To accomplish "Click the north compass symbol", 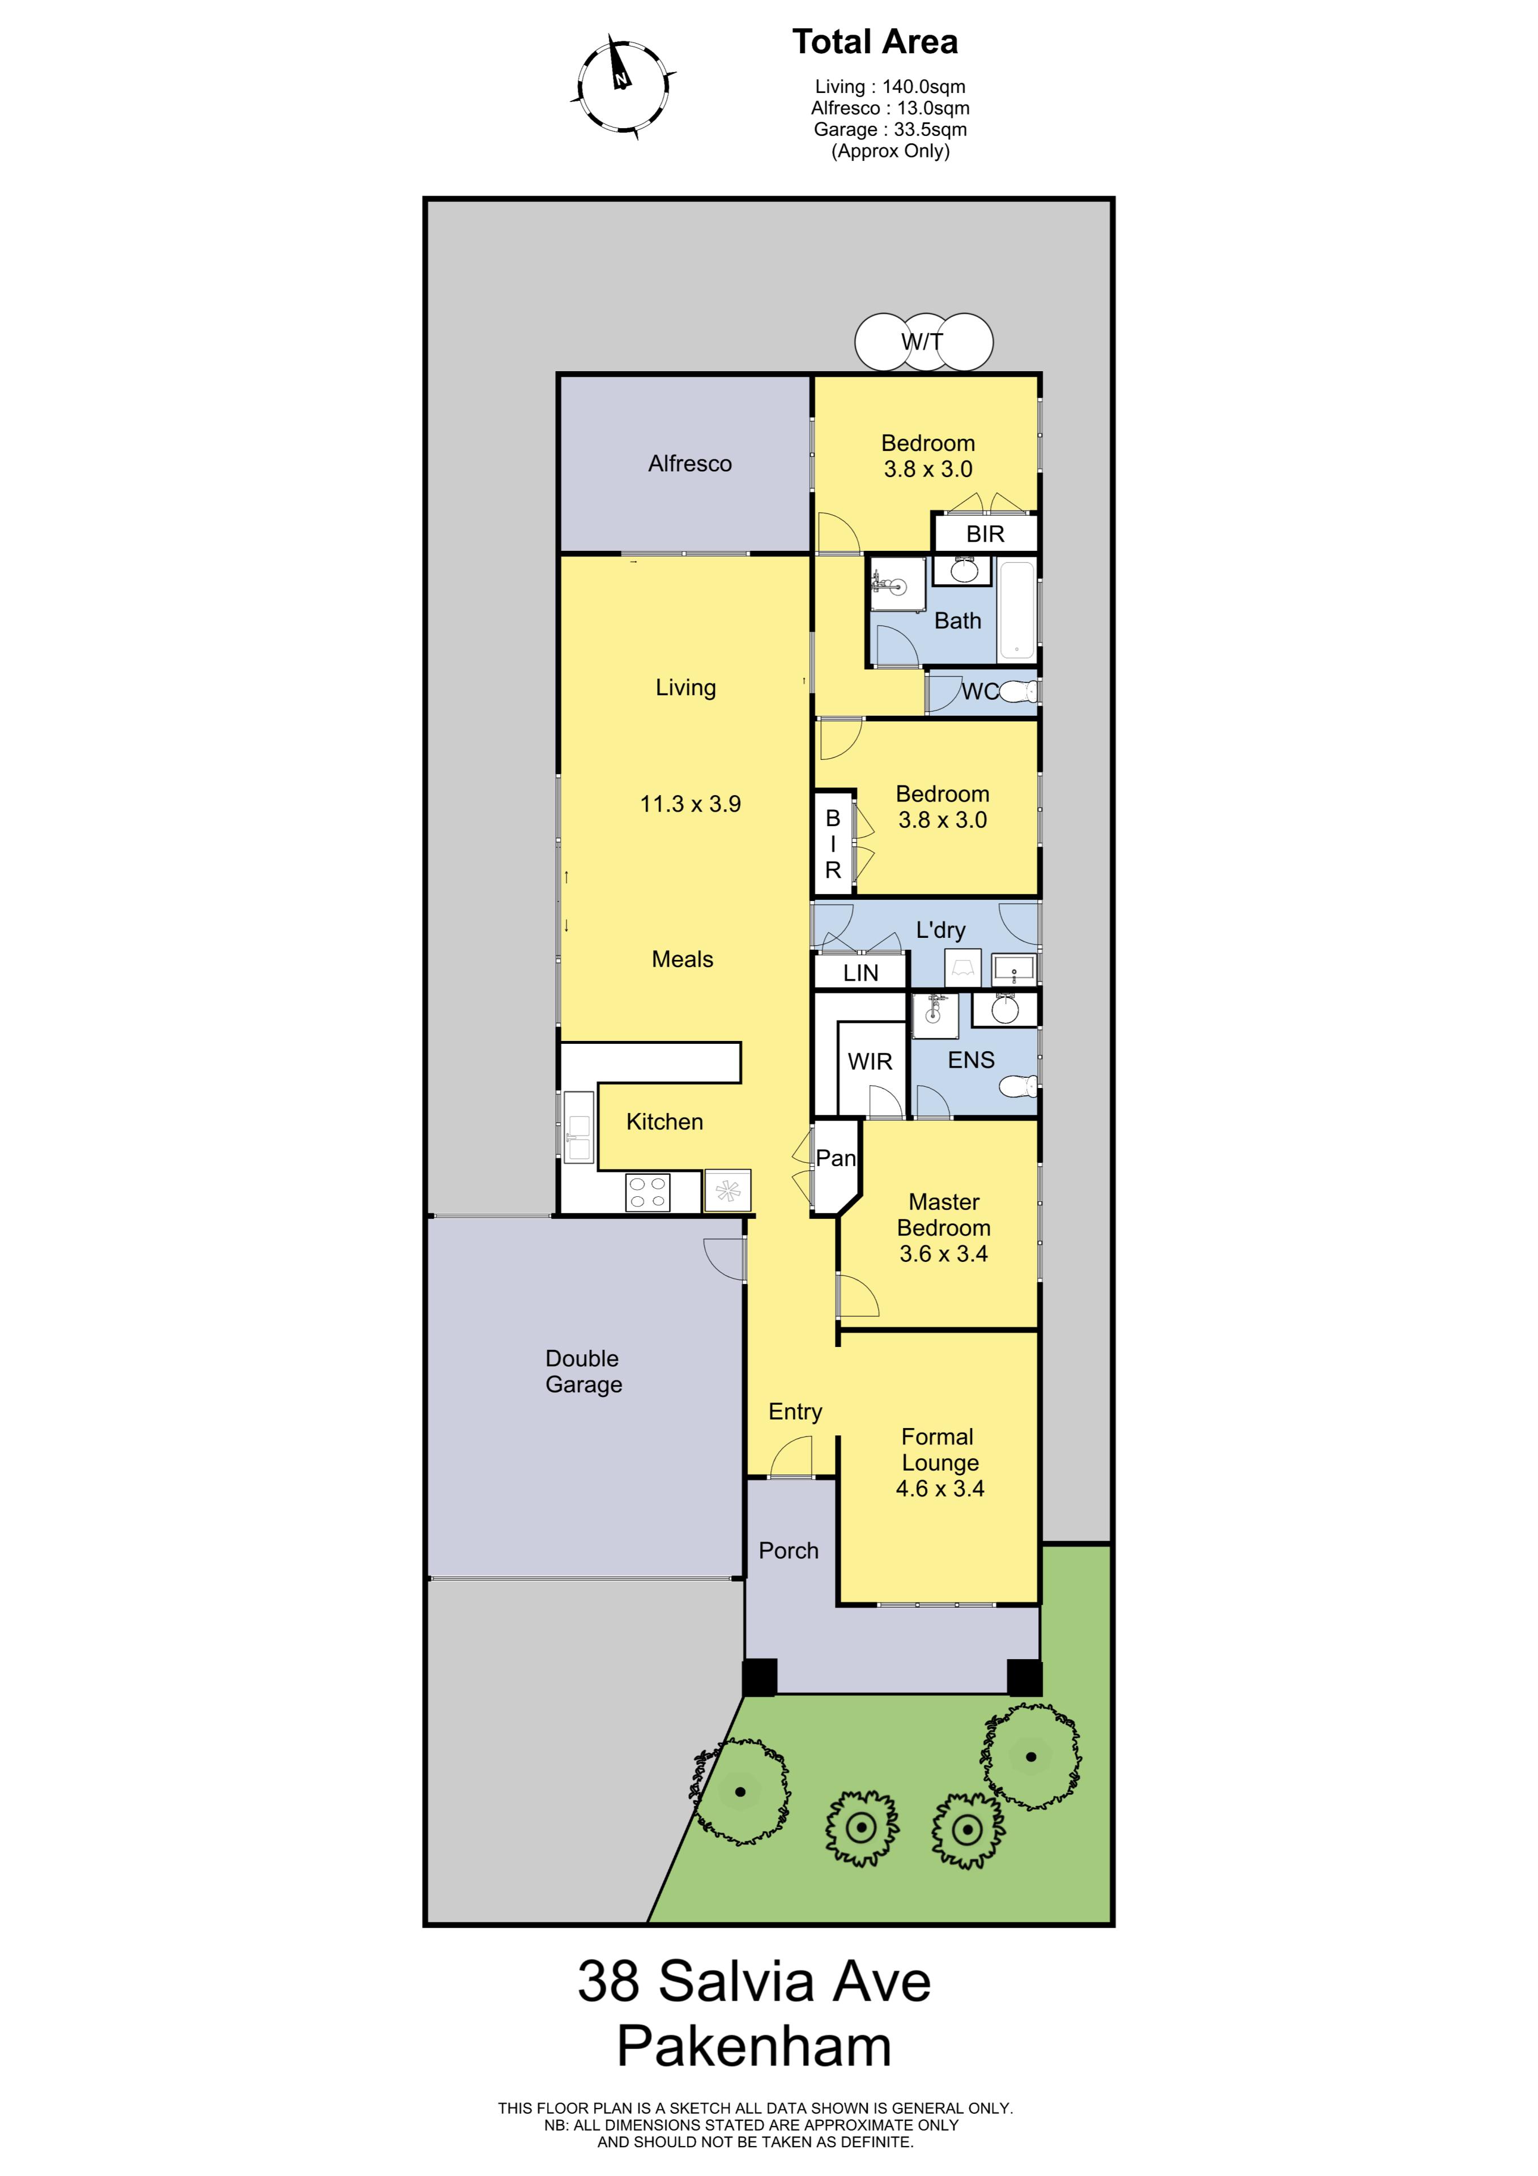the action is [x=624, y=86].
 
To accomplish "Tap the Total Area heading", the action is [x=875, y=42].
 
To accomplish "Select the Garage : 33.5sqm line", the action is [x=890, y=129].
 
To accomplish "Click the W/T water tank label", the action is [x=922, y=341].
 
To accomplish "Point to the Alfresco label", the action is [x=690, y=464].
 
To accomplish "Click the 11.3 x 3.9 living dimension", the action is [x=690, y=804].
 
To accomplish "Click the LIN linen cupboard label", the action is [x=860, y=972].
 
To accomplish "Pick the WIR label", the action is [x=870, y=1061].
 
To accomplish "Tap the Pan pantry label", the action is [x=835, y=1158].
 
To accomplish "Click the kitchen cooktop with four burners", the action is [x=648, y=1191].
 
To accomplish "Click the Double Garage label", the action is [x=583, y=1371].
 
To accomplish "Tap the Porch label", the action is [x=789, y=1550].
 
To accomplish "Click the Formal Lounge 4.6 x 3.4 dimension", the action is [x=940, y=1488].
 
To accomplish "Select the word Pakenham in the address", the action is [x=755, y=2046].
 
